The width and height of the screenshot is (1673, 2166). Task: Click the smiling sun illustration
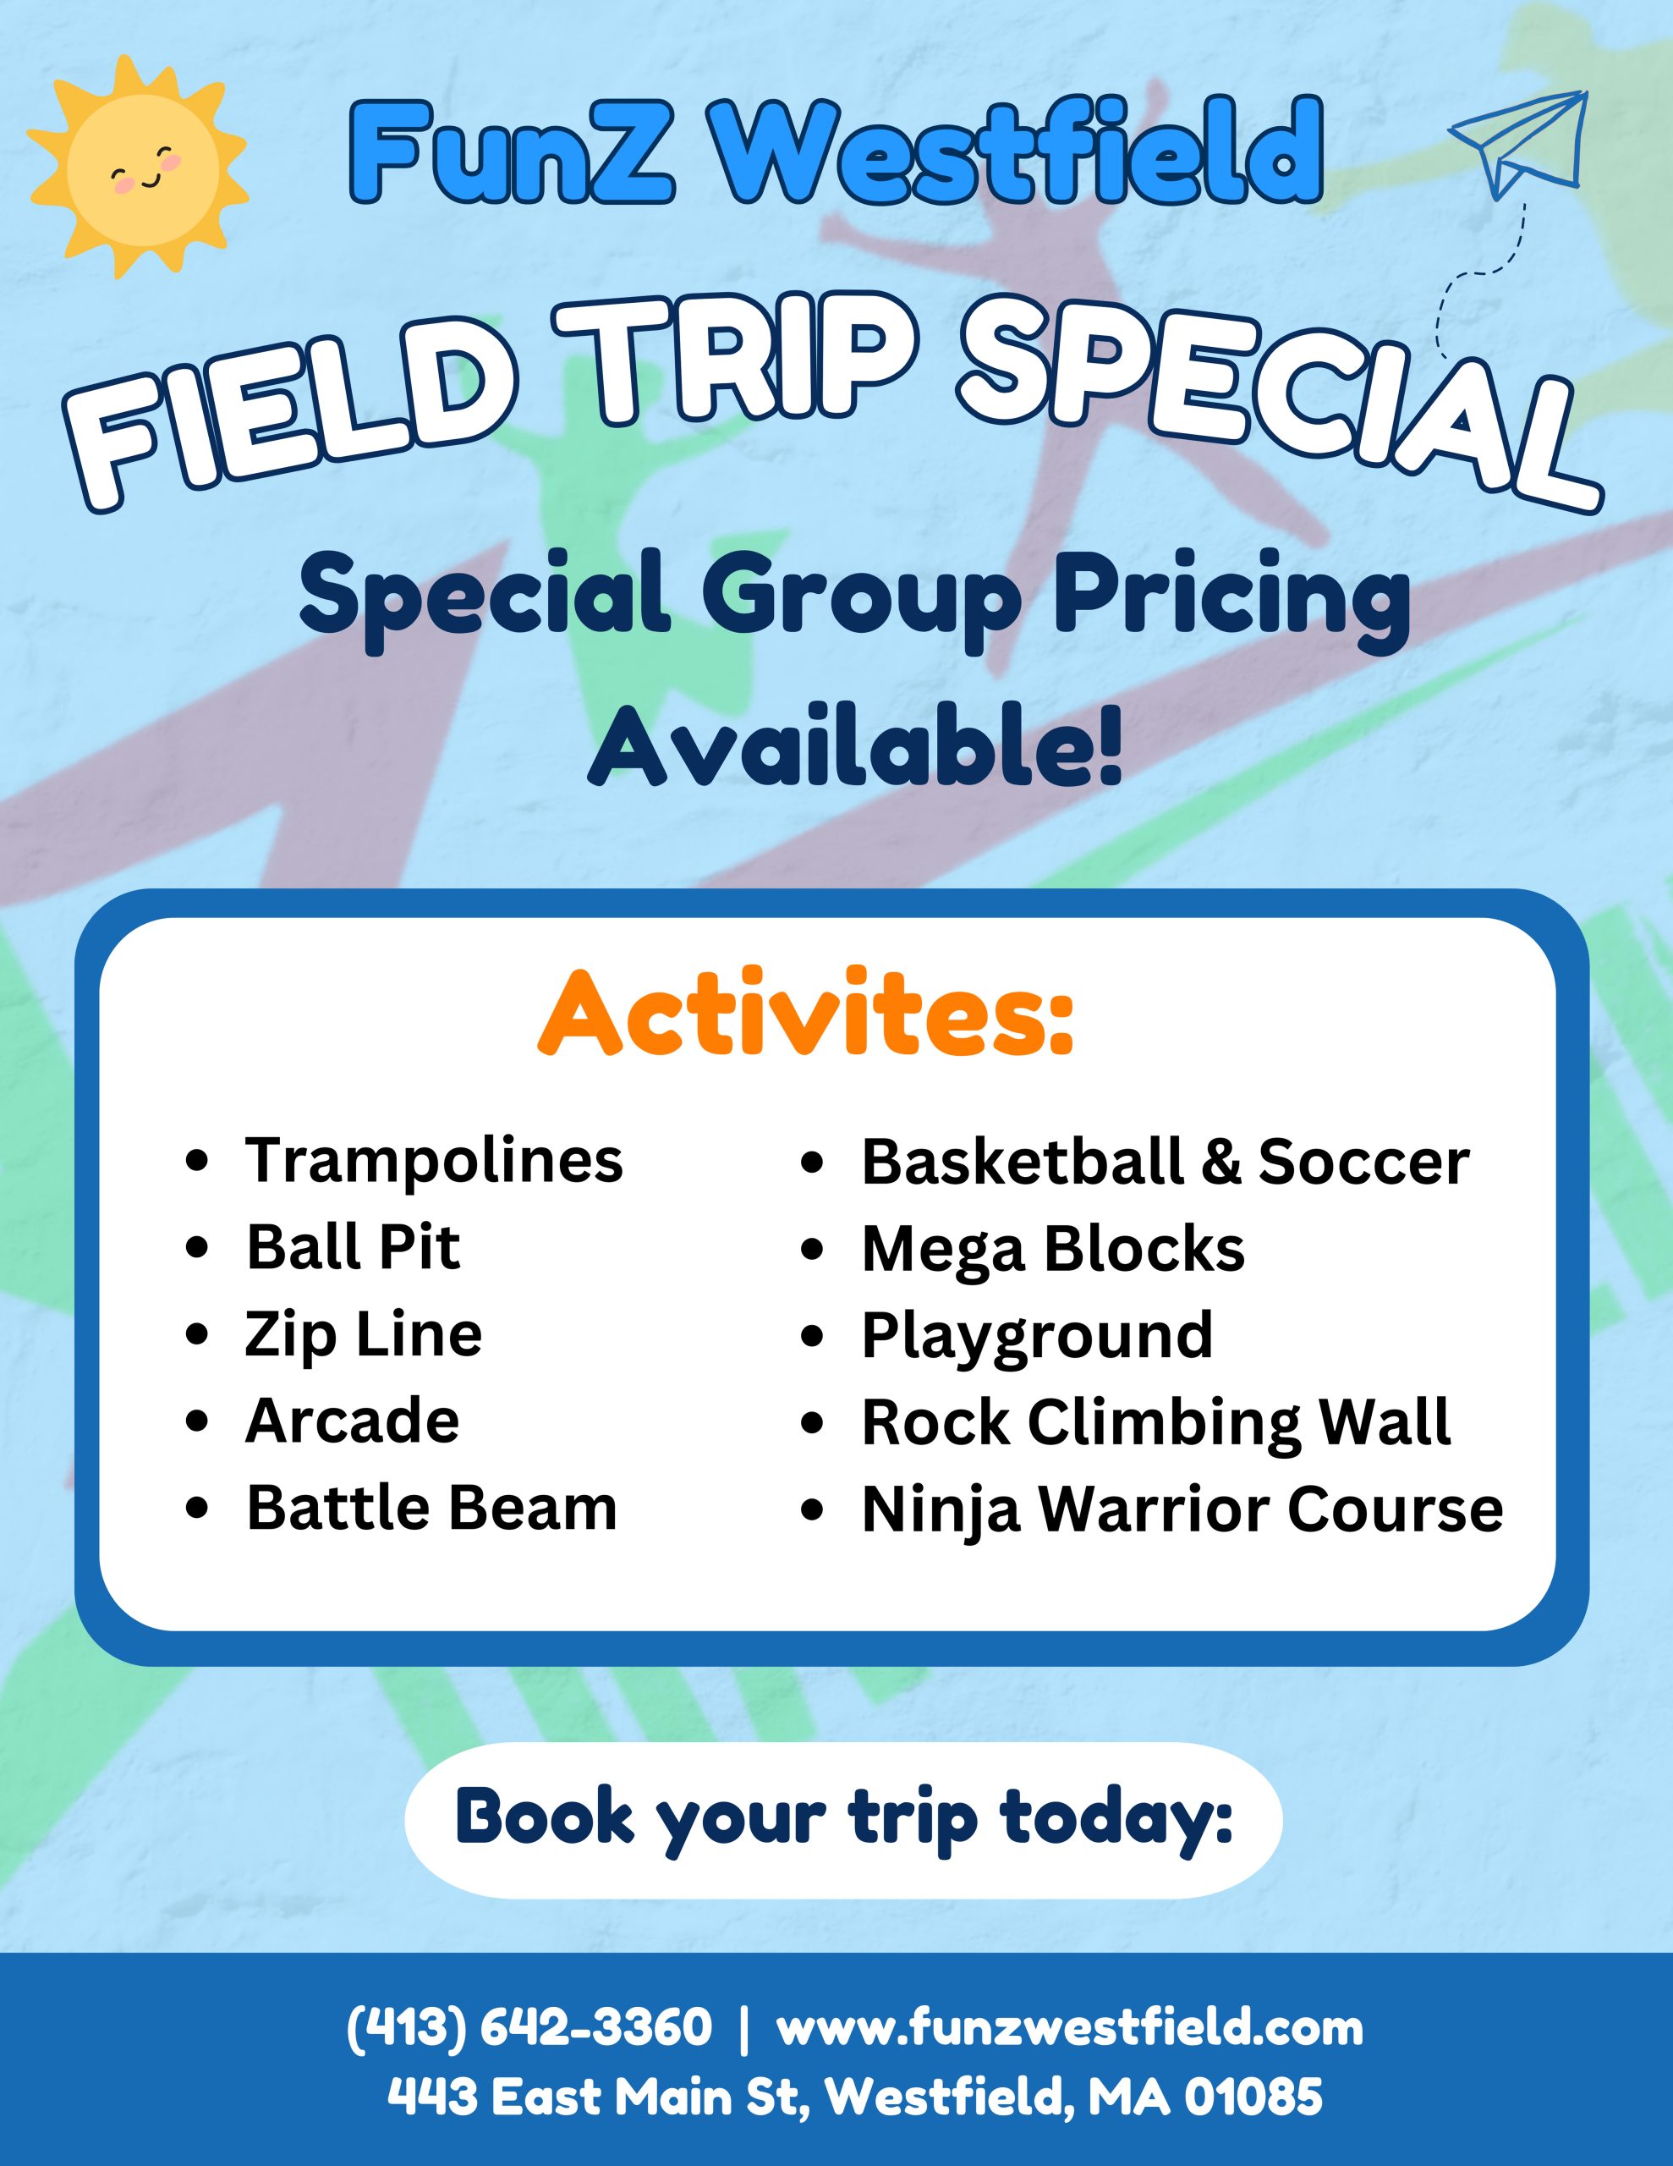137,166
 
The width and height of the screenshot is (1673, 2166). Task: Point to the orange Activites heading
805,1014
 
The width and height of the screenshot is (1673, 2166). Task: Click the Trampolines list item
433,1159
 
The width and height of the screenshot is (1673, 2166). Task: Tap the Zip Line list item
363,1335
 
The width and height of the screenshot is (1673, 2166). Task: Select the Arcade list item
352,1421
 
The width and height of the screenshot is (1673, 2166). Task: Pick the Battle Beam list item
431,1508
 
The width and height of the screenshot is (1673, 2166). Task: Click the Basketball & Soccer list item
1166,1160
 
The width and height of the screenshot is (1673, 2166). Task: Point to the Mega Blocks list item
1053,1248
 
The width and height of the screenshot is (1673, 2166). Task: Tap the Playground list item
1037,1336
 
